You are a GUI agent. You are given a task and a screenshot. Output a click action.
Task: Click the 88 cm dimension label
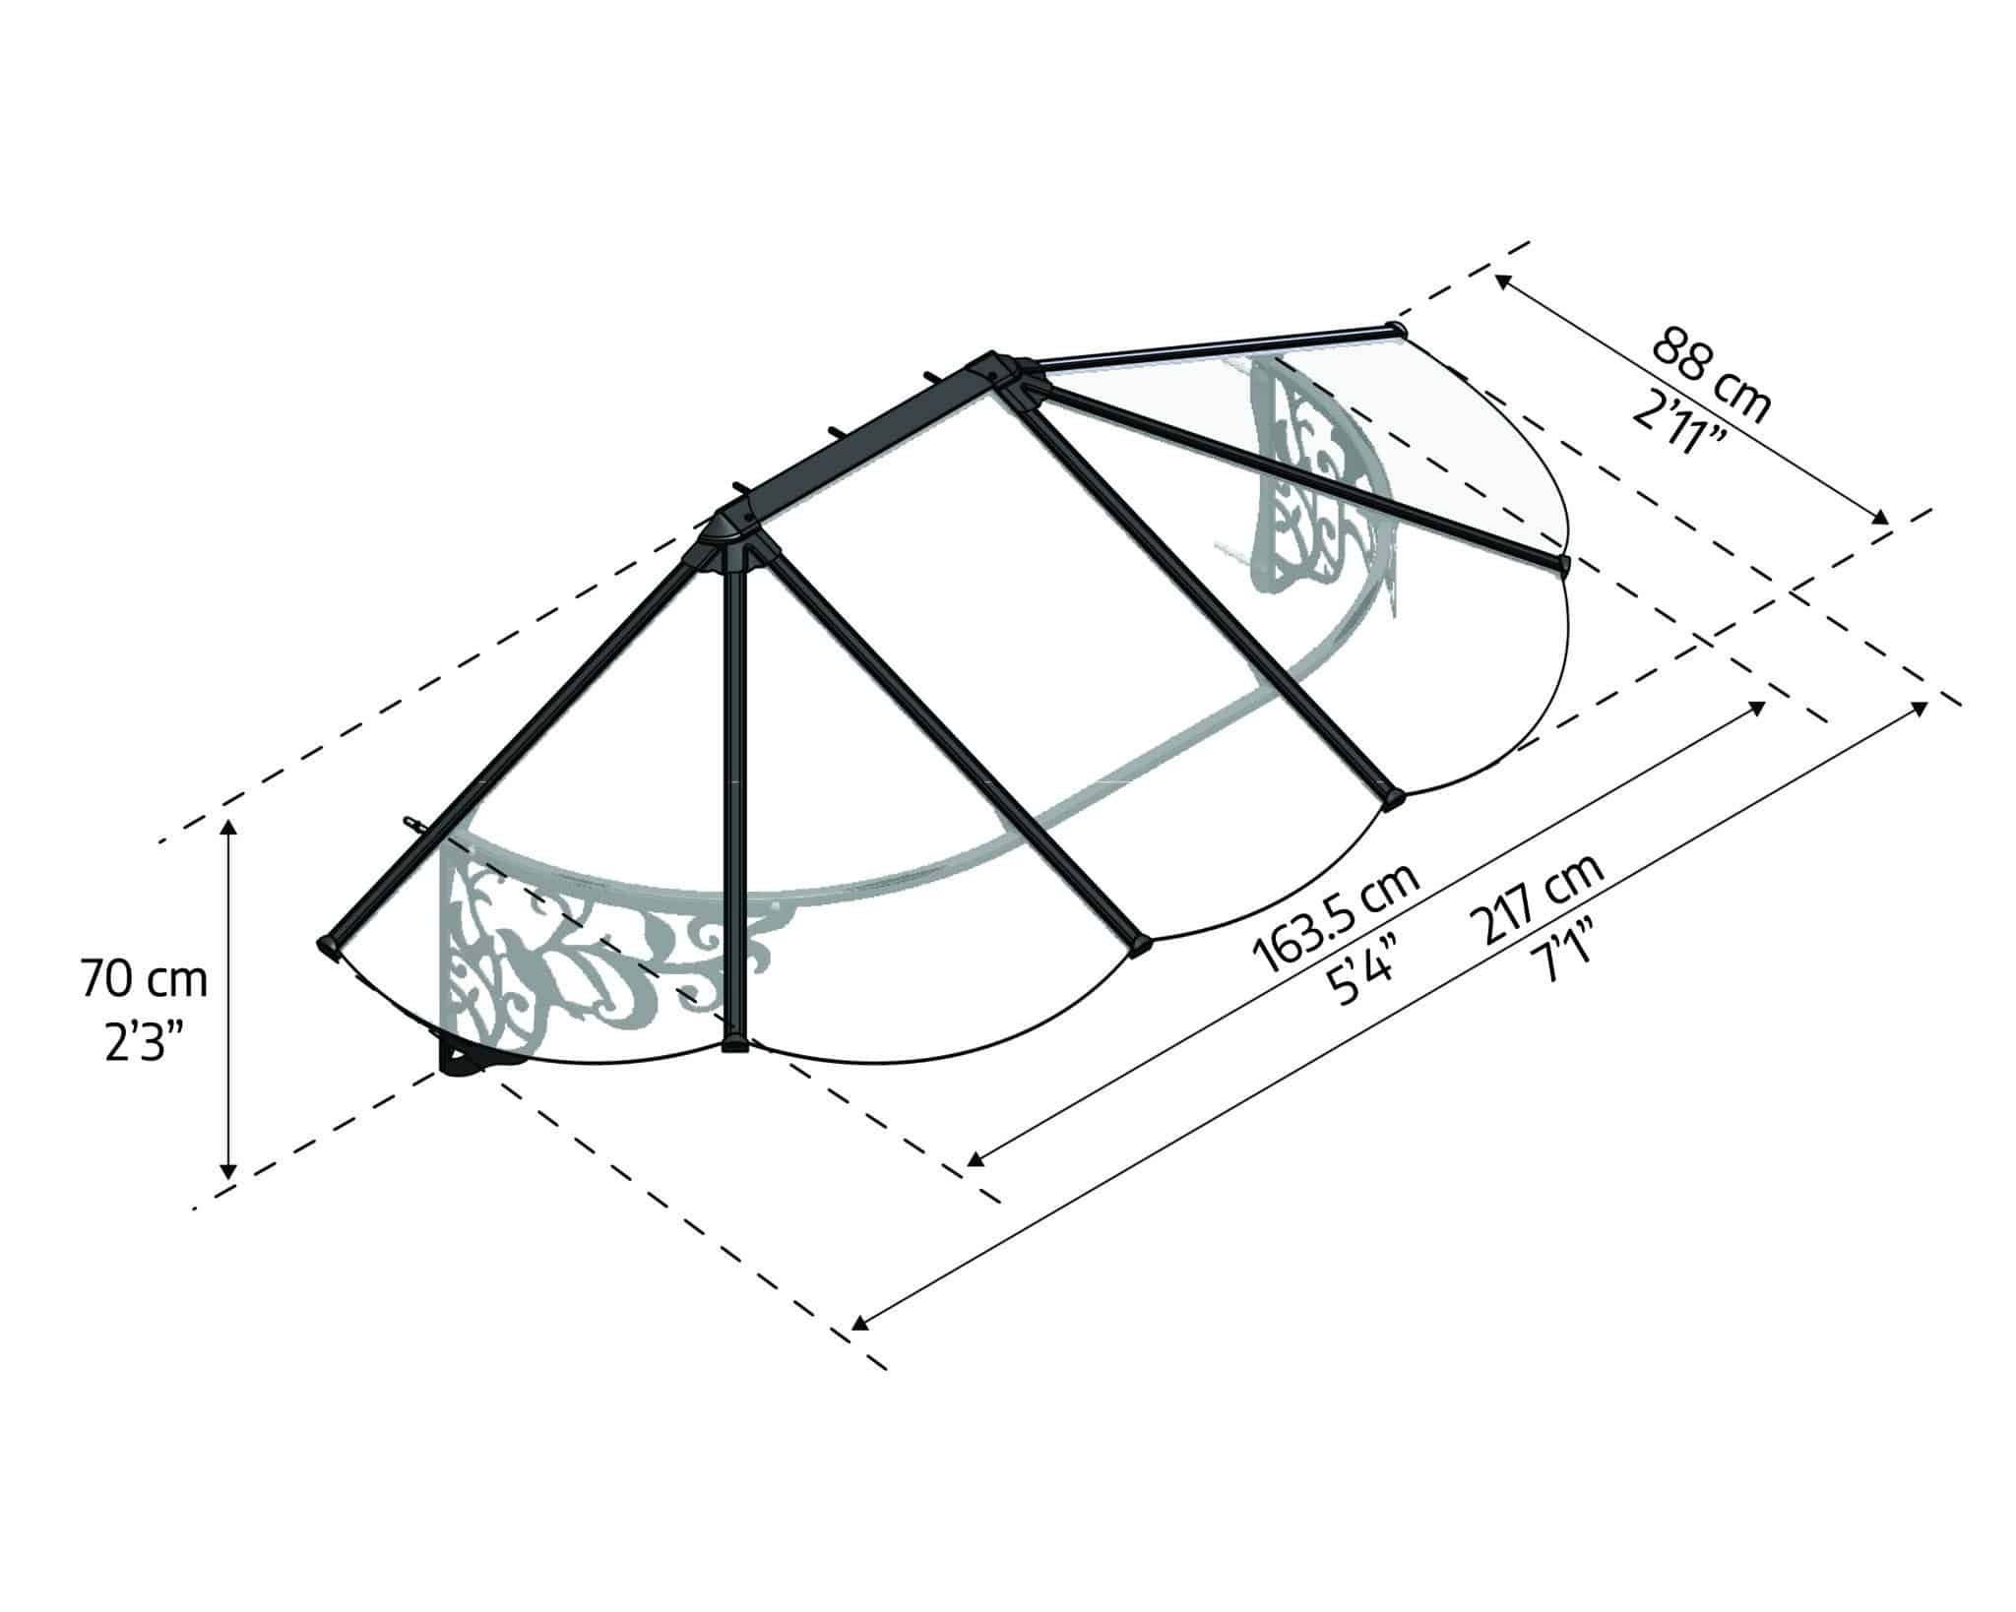point(1711,373)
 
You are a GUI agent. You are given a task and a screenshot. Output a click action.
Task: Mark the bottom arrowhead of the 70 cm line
point(228,1171)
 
